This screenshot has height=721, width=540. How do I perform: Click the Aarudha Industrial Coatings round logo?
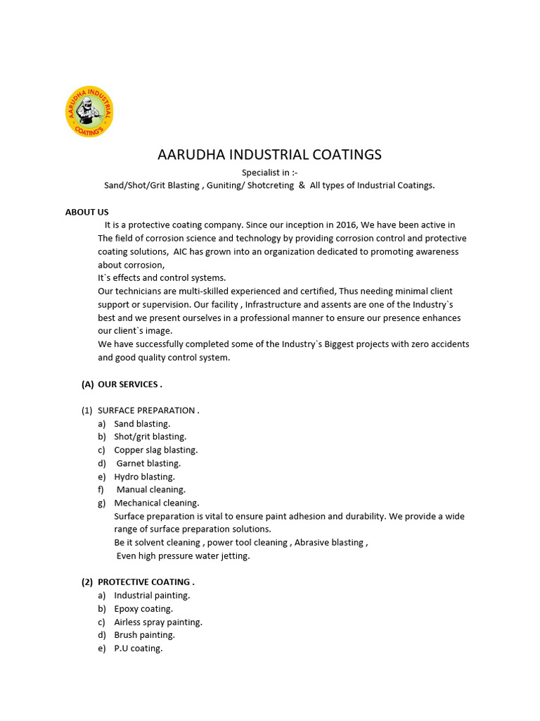(x=89, y=111)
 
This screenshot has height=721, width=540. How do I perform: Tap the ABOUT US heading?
(x=87, y=212)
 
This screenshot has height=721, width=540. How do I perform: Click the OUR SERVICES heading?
(x=130, y=384)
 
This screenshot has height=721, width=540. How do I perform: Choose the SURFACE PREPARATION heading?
(x=148, y=410)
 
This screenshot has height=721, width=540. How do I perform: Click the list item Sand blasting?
(x=142, y=424)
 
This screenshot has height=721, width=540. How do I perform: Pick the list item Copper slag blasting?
(x=156, y=450)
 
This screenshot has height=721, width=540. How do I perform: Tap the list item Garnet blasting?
(x=148, y=463)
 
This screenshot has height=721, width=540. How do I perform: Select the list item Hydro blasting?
(x=144, y=477)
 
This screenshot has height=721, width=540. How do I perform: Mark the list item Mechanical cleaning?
(x=157, y=503)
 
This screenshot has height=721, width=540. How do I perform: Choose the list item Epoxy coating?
(x=143, y=609)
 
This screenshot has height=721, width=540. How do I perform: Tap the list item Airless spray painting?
(x=158, y=622)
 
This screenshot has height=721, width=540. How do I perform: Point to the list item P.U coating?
(x=139, y=648)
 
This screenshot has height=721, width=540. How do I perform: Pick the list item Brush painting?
(x=145, y=635)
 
